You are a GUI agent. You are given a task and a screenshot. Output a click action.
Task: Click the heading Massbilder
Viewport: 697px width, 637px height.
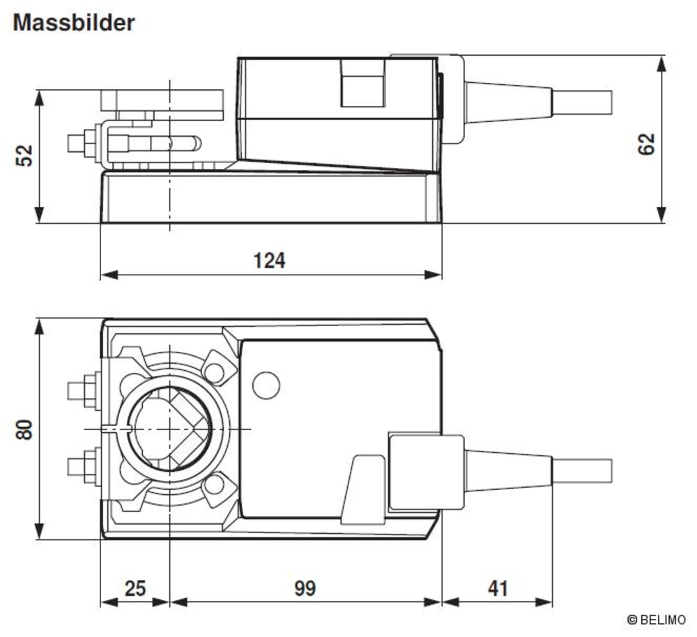tap(73, 23)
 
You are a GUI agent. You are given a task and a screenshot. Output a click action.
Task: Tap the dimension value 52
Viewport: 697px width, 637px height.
tap(24, 155)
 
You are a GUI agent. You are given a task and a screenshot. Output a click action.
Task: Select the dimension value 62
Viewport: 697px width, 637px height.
tap(647, 144)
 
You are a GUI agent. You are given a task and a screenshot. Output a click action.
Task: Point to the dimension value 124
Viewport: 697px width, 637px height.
tap(269, 260)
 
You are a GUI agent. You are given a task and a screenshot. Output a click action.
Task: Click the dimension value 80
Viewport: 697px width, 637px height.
tap(24, 429)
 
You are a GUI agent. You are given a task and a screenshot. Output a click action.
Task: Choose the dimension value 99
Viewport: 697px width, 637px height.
tap(304, 588)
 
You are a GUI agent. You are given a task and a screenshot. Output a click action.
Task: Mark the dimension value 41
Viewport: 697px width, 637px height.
tap(497, 588)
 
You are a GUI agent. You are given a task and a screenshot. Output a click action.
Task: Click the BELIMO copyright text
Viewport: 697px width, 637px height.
tap(656, 619)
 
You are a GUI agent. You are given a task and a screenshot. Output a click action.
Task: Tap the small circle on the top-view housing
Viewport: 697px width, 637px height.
tap(266, 385)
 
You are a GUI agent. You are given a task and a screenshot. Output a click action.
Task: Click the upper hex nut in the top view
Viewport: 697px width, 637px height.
tap(89, 387)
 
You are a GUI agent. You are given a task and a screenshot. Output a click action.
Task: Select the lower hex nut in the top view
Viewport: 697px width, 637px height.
tap(89, 464)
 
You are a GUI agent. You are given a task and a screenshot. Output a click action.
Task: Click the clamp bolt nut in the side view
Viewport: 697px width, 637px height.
tap(89, 143)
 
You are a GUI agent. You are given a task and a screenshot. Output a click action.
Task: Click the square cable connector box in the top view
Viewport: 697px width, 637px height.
tap(426, 471)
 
